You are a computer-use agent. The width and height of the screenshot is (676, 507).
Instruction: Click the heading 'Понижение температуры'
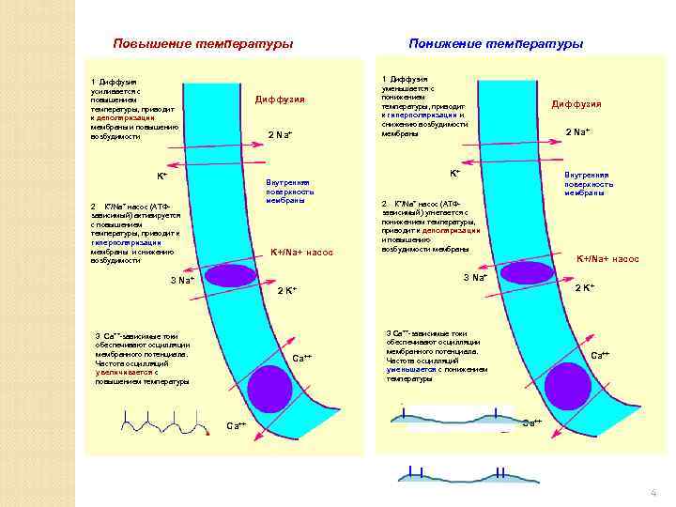click(x=496, y=44)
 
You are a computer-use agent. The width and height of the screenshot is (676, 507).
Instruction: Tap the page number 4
click(x=652, y=493)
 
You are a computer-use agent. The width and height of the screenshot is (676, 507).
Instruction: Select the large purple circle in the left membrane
click(x=270, y=388)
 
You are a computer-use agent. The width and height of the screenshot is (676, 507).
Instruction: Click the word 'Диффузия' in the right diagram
click(x=576, y=104)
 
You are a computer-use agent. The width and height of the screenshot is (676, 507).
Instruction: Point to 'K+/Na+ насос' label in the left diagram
click(x=301, y=253)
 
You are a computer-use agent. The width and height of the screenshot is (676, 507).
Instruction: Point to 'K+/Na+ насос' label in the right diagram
click(x=607, y=258)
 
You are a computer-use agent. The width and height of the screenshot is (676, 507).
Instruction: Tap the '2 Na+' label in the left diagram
click(x=281, y=136)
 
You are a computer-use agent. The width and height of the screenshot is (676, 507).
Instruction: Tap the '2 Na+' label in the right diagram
click(x=577, y=131)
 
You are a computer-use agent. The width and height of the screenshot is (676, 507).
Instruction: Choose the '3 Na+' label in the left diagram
click(x=182, y=281)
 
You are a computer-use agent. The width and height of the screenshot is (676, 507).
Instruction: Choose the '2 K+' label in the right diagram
click(x=584, y=287)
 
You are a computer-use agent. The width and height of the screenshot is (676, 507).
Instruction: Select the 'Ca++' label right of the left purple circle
click(x=302, y=359)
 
